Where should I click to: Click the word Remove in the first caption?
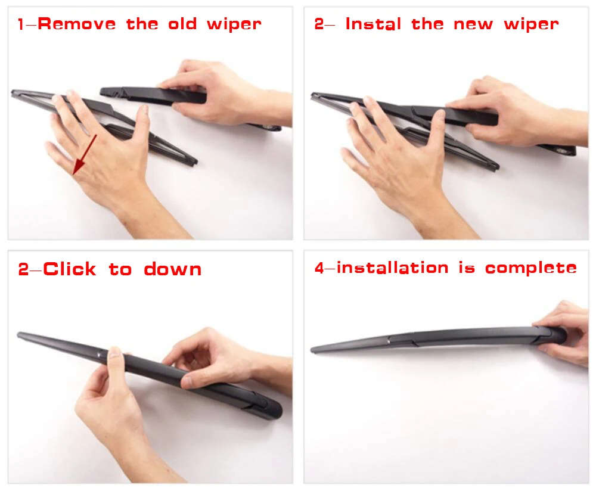77,24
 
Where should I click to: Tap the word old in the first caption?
182,24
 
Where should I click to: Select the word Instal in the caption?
373,24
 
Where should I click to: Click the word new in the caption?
473,24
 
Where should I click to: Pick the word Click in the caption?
70,269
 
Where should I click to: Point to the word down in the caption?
173,269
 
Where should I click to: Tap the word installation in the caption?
393,268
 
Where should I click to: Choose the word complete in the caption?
531,268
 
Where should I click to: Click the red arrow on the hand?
85,154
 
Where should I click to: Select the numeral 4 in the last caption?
319,268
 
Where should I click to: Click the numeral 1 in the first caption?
21,24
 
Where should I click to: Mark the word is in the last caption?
467,268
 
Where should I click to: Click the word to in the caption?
120,269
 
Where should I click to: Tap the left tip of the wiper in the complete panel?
312,350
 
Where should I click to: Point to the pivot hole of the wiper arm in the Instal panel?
562,151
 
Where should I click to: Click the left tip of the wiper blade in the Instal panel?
312,95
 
